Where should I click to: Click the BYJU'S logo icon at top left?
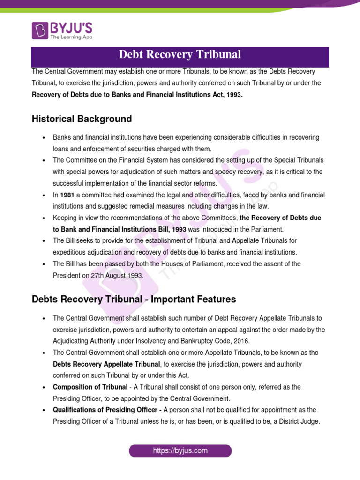click(40, 30)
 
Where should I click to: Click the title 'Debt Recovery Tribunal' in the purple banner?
click(180, 55)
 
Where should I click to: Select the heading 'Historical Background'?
click(82, 119)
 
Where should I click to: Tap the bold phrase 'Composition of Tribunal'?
click(90, 387)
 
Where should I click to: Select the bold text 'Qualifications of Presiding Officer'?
click(107, 410)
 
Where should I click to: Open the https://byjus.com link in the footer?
click(180, 451)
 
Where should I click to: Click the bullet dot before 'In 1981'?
click(43, 195)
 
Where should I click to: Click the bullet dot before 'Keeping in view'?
click(43, 218)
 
